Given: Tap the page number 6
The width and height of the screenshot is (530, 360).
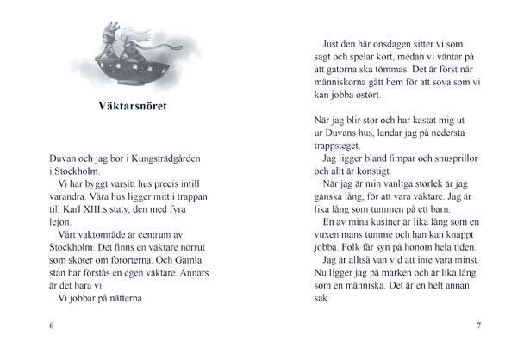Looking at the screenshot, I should (52, 326).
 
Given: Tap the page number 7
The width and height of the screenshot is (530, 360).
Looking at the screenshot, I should (478, 326).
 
